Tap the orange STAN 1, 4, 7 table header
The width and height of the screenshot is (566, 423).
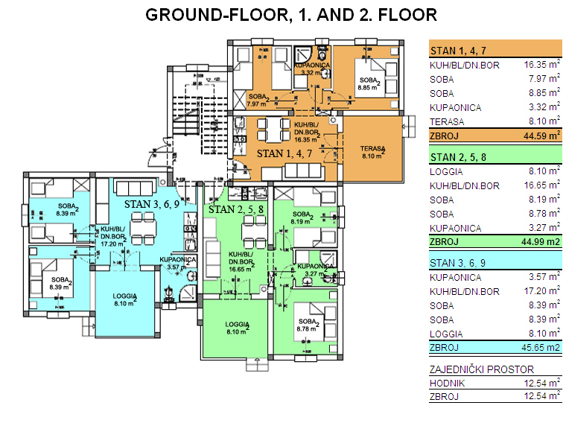pos(458,51)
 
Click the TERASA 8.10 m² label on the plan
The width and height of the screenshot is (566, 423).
pos(372,152)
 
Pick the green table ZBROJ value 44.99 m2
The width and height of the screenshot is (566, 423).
pos(541,241)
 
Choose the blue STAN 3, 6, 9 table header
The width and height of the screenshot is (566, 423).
pos(457,263)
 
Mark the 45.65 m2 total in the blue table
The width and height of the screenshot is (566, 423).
pos(541,347)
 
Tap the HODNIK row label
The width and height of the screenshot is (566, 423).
pos(447,383)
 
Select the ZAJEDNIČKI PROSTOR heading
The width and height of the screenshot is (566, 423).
pos(482,369)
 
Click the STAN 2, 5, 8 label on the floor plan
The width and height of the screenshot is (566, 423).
pos(236,209)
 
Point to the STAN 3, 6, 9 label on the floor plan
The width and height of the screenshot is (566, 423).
pos(152,204)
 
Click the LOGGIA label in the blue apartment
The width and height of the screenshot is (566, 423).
pos(124,299)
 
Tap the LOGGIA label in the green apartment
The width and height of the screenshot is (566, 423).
pos(237,328)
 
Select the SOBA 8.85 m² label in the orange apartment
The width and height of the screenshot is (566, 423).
pos(369,83)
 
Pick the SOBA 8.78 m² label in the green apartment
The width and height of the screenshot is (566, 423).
pos(308,325)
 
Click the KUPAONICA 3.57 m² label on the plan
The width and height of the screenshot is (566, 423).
pos(177,263)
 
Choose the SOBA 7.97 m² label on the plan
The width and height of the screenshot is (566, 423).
pos(258,100)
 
